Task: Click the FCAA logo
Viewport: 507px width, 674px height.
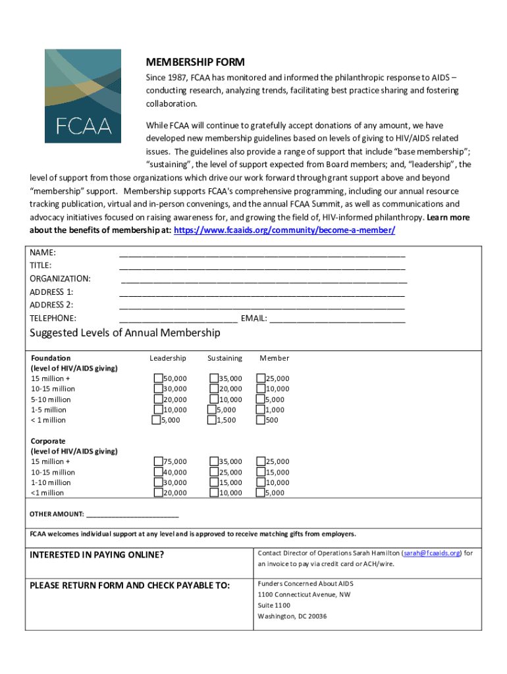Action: (83, 96)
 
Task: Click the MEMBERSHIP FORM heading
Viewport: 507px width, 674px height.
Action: (195, 63)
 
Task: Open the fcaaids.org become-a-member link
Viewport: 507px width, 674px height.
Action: (284, 230)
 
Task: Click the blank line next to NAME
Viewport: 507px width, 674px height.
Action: (262, 253)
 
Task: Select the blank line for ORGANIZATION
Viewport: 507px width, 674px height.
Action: (264, 280)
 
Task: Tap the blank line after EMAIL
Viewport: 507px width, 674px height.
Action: (338, 319)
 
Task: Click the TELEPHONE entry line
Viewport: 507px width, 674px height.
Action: (178, 319)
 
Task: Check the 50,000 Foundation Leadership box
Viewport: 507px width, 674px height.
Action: (159, 378)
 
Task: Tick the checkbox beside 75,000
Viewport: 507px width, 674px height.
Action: (159, 461)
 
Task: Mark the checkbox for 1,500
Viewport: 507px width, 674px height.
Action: (212, 420)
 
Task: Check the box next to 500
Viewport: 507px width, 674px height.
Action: (261, 420)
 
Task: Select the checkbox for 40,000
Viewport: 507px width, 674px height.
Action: (159, 472)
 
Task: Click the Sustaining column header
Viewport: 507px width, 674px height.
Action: (225, 358)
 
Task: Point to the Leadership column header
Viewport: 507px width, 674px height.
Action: (168, 358)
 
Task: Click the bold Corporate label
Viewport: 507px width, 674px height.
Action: (48, 441)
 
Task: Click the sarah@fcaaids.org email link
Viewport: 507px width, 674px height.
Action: (432, 553)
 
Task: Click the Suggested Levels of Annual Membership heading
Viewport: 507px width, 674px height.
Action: (125, 333)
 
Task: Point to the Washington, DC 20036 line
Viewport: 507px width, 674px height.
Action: (292, 616)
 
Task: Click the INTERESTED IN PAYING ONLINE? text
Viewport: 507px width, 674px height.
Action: (97, 555)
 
